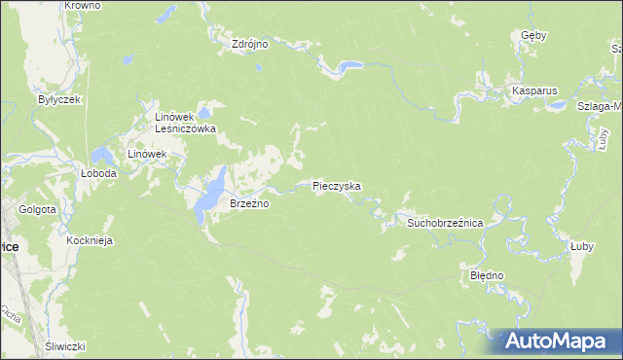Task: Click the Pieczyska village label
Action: click(337, 185)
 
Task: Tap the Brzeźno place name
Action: click(248, 203)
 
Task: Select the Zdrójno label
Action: click(249, 44)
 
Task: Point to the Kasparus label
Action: click(534, 91)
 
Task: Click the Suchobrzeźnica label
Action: click(445, 223)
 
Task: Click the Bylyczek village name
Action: click(57, 99)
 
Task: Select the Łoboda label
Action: click(98, 173)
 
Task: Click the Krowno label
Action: click(82, 6)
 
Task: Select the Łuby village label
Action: click(582, 247)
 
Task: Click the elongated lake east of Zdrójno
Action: click(348, 66)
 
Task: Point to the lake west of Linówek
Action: click(101, 155)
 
